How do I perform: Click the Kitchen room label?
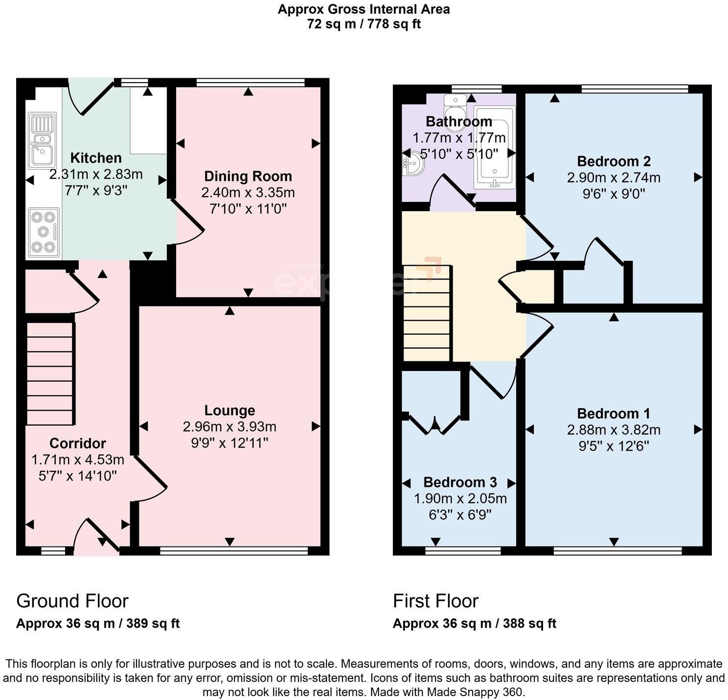(x=96, y=158)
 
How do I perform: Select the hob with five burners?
(x=44, y=232)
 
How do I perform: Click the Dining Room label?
(x=248, y=176)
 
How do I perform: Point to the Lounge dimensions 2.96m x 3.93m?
(x=229, y=427)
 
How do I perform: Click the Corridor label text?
(x=78, y=443)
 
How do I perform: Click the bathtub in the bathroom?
(x=494, y=153)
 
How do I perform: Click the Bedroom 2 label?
(x=614, y=161)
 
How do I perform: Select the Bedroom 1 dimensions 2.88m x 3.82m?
(x=614, y=430)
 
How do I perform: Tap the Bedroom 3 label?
(x=460, y=482)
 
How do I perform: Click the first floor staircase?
(x=426, y=313)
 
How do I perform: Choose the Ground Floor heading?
(x=72, y=601)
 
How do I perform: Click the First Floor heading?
(x=435, y=601)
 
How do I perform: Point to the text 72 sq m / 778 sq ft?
(x=364, y=24)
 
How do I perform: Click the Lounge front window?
(x=234, y=551)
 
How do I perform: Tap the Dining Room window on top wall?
(x=250, y=83)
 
